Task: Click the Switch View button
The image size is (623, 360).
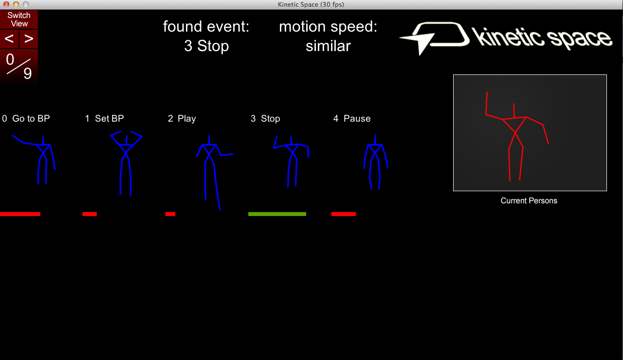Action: coord(19,19)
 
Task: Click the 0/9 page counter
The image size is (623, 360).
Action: coord(19,67)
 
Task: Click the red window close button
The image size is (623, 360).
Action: coord(6,4)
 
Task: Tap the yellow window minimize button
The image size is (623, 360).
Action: coord(16,4)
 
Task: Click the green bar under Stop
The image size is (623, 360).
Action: coord(277,214)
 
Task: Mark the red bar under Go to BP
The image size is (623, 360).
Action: coord(20,214)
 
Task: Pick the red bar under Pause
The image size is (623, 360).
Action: coord(343,214)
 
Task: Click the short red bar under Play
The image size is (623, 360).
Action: coord(170,214)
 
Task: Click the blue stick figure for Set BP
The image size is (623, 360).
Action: coord(126,161)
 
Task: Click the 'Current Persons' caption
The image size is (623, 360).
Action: coord(529,201)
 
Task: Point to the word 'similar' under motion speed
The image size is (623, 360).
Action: coord(328,46)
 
